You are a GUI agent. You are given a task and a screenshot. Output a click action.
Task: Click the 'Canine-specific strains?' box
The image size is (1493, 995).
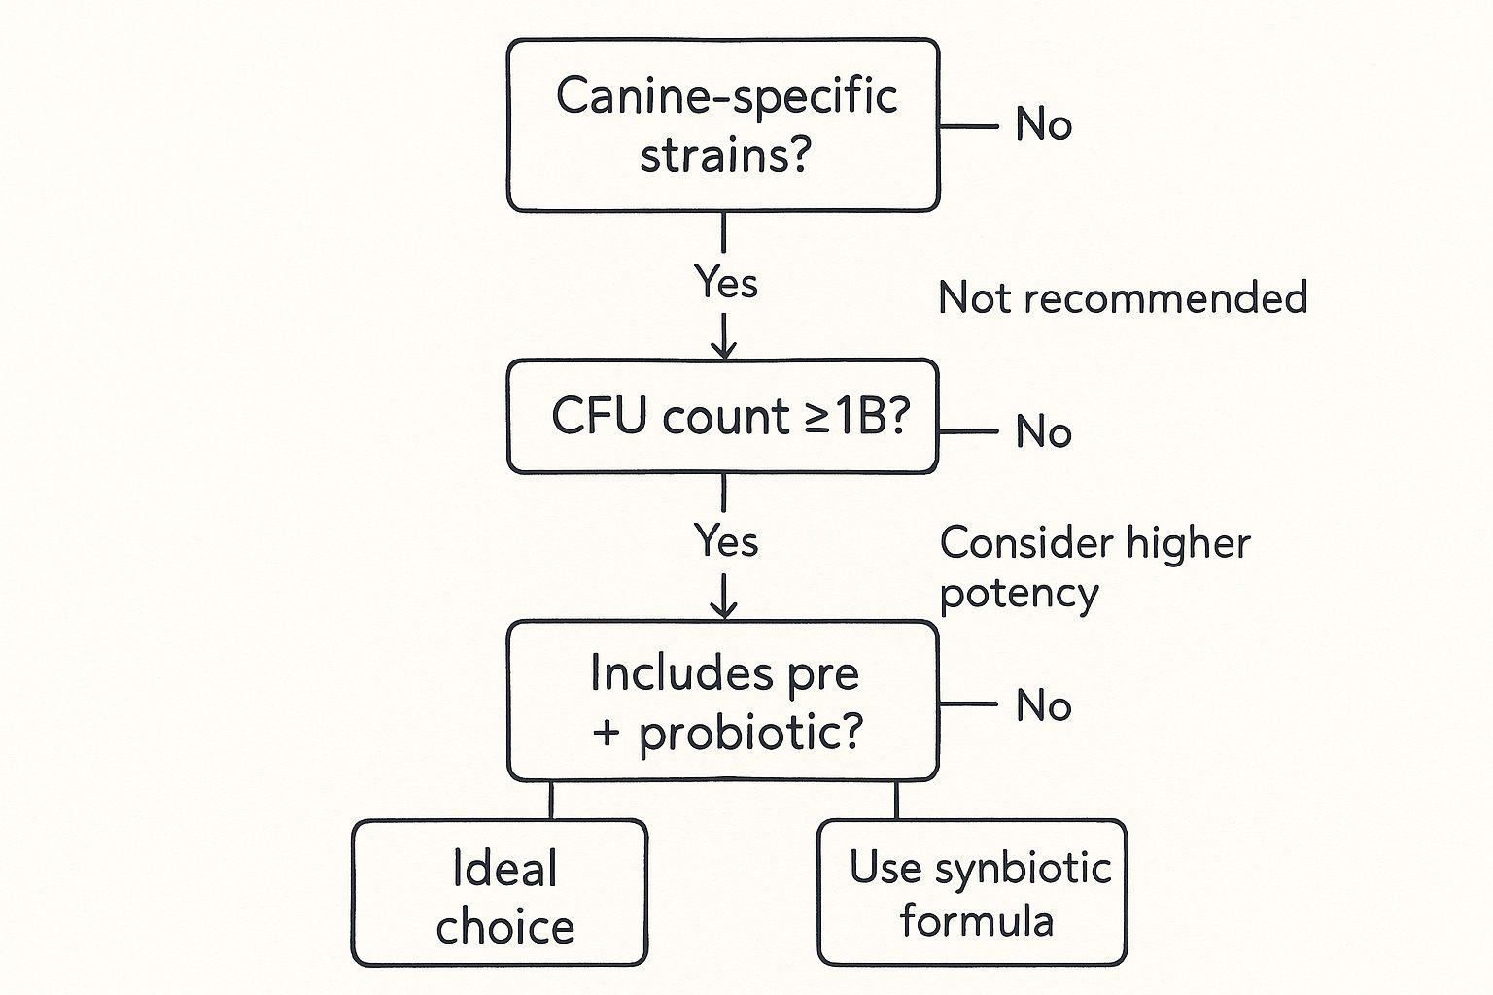point(723,125)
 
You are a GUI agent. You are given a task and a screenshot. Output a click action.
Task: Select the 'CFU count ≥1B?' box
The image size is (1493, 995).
point(723,417)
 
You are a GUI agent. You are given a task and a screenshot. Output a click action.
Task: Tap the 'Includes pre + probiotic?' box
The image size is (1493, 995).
point(723,701)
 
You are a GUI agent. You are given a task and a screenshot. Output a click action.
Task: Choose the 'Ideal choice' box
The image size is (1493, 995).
point(500,894)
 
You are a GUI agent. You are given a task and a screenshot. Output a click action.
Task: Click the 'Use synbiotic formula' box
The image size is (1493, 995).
point(973,894)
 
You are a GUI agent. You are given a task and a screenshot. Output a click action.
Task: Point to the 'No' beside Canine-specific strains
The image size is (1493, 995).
point(1043,125)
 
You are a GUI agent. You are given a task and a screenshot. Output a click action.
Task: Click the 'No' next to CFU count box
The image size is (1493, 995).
point(1043,431)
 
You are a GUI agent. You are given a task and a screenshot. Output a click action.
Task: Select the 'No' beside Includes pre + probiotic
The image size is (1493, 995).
point(1043,705)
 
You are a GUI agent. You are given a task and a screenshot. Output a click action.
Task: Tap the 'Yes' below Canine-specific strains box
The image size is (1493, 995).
point(726,283)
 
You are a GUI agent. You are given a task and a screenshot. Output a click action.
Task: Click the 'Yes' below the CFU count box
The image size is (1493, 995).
point(726,541)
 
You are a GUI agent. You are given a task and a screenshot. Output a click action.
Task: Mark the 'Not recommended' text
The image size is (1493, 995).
point(1123,297)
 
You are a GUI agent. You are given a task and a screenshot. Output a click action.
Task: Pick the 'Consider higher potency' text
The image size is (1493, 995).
point(1094,566)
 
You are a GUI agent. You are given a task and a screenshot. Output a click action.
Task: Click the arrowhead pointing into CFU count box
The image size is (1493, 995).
point(724,350)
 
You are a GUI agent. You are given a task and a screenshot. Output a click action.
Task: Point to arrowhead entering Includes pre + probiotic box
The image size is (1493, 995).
point(724,609)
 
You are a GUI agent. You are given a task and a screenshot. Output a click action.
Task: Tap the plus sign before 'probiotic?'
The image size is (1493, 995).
point(607,733)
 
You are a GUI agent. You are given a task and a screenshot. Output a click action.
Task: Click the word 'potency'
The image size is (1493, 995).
point(1019,593)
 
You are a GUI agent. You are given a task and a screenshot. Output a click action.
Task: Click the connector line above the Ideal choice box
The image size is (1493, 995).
point(551,800)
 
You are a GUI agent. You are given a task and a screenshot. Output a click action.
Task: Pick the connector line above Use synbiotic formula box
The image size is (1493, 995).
point(896,800)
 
